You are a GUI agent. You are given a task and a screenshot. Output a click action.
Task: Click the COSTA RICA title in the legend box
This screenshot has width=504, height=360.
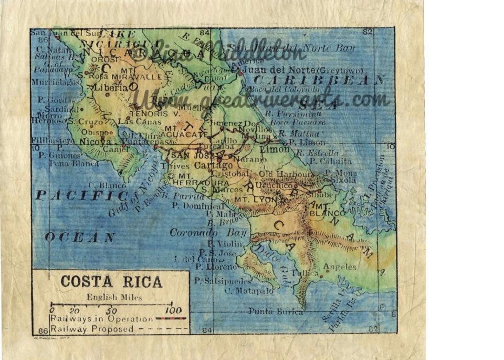pos(111,281)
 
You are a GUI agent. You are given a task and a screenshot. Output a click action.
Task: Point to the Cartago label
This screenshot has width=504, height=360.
pos(213,165)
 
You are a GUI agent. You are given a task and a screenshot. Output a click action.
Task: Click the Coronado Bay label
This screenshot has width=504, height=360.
pos(208,232)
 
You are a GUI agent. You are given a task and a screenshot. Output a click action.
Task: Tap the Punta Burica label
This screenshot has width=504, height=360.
pos(275,311)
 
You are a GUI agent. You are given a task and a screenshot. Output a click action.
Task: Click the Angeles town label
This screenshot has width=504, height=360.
pos(340,267)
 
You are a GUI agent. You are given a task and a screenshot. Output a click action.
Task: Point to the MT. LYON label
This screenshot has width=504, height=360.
pos(256,200)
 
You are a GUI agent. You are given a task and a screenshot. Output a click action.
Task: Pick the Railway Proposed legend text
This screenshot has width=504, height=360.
pos(92,329)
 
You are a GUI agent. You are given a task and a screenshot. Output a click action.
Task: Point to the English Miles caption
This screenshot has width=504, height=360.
pos(114,297)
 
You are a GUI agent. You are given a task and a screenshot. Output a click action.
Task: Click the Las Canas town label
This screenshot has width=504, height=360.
pos(140,121)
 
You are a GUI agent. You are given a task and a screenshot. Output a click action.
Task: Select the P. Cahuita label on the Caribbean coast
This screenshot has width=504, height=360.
pos(331,161)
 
